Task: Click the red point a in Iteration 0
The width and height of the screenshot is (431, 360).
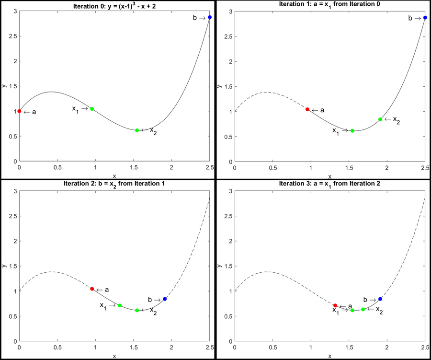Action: (19, 111)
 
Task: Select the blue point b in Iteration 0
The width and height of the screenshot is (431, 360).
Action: (210, 17)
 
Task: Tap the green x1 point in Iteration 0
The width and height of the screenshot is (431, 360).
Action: (92, 109)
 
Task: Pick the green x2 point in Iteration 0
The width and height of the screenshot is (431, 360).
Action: (137, 130)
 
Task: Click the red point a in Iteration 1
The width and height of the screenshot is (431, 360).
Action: (307, 109)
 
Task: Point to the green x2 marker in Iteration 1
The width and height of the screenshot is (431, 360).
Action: (380, 119)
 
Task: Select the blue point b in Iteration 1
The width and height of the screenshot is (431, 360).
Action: (425, 18)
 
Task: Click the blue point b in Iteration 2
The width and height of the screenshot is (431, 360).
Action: (165, 299)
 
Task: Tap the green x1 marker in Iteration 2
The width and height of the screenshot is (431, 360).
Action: (120, 305)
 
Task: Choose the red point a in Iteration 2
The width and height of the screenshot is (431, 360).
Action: (92, 289)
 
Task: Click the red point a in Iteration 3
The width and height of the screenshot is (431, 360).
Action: (335, 305)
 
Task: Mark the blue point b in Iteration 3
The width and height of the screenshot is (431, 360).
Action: (380, 299)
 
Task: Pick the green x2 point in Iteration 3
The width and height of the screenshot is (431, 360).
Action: (363, 309)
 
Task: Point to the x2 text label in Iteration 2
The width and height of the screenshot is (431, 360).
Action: (153, 311)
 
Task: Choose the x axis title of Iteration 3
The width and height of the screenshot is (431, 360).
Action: (329, 356)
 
